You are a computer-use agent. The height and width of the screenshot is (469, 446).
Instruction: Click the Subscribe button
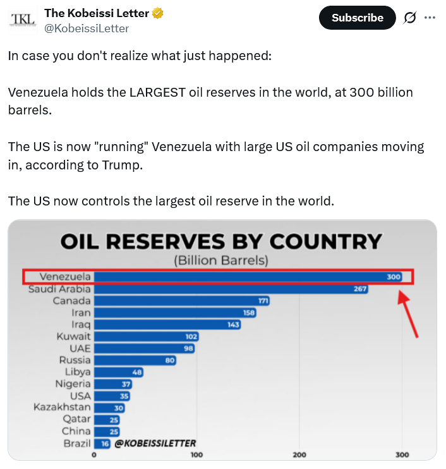[358, 18]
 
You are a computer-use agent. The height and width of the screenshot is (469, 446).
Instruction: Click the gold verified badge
[158, 13]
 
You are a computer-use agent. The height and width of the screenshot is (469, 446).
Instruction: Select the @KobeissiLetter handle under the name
[87, 28]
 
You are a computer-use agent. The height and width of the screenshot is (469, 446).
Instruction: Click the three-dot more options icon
[430, 18]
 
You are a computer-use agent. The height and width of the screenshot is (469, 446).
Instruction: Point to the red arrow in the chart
[408, 313]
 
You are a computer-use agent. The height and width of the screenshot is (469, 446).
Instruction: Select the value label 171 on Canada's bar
[263, 301]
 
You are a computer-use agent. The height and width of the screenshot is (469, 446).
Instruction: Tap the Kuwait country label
[73, 336]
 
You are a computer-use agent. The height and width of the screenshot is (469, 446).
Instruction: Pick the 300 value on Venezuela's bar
[394, 277]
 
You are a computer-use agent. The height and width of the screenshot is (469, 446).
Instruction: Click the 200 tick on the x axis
[299, 454]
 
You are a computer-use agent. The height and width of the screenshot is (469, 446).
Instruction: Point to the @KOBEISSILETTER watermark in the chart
[155, 443]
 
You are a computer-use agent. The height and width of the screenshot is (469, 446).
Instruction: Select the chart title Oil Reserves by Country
[221, 241]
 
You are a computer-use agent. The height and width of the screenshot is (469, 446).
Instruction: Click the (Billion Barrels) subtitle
[221, 260]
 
